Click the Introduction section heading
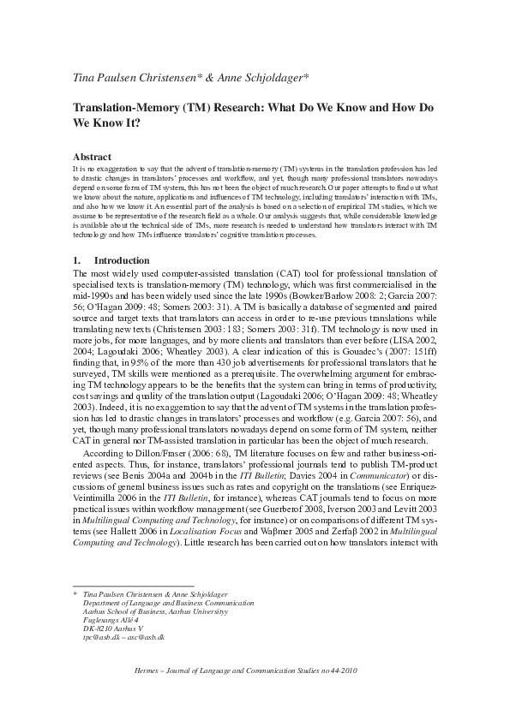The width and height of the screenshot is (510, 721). click(x=122, y=260)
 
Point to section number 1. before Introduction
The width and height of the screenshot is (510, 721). click(x=79, y=260)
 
